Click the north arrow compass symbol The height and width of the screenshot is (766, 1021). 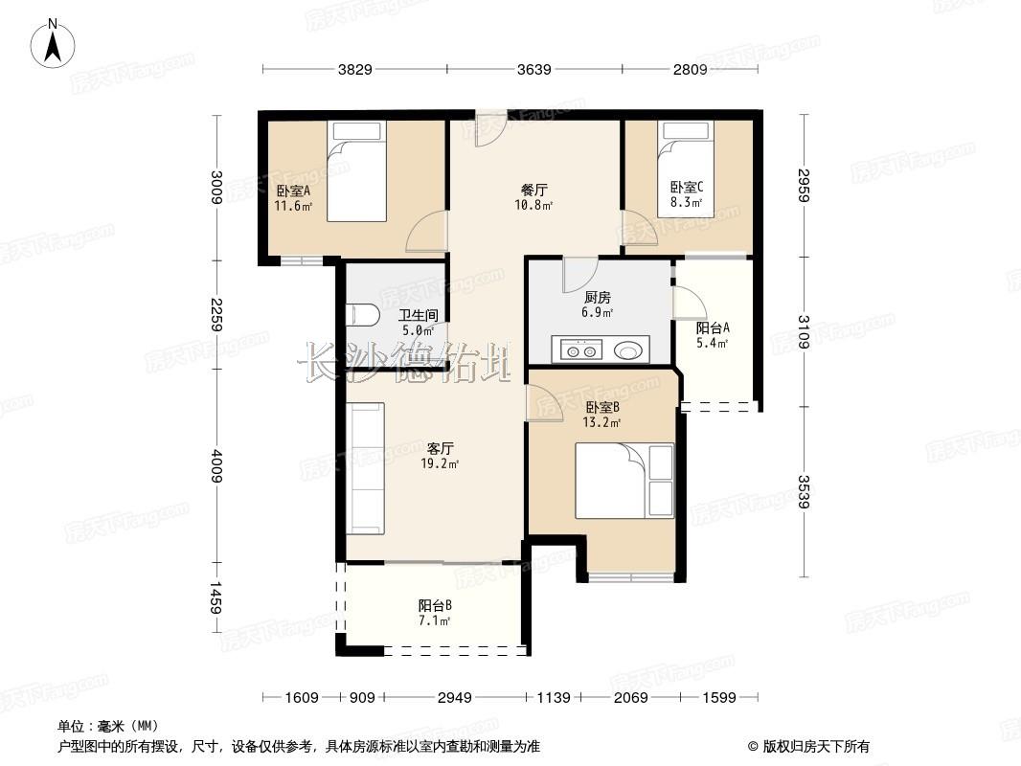(53, 43)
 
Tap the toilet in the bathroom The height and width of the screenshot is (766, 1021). (363, 315)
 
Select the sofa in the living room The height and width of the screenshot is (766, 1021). (365, 468)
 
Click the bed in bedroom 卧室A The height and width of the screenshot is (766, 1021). (355, 171)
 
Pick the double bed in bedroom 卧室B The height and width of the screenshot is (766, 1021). (624, 481)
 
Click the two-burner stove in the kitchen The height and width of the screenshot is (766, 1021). (580, 351)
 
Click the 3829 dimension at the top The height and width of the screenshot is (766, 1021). (355, 69)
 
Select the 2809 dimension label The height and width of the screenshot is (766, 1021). (690, 69)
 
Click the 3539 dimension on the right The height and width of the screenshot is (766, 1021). (804, 492)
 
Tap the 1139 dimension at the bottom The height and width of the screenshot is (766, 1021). (553, 698)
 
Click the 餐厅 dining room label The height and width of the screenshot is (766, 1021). (533, 190)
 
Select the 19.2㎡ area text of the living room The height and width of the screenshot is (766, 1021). (441, 464)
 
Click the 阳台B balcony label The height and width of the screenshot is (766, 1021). (435, 606)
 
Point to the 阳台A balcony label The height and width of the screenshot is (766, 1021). (713, 328)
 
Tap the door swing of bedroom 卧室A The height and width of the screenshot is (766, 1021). (426, 232)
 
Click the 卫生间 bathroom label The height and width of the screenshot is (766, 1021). (418, 315)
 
